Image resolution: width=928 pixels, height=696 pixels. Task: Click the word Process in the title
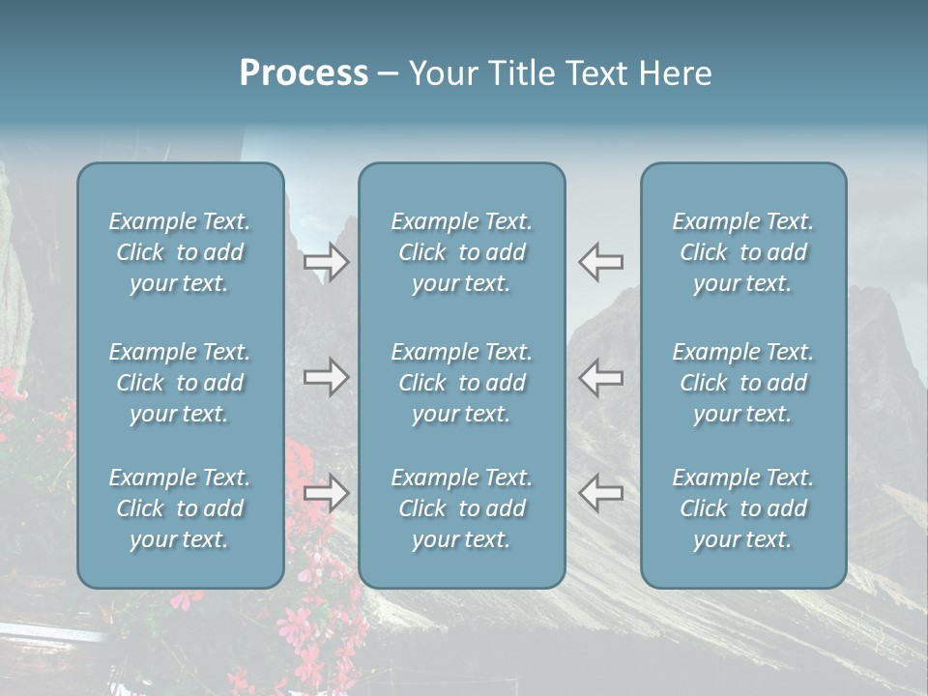(x=304, y=73)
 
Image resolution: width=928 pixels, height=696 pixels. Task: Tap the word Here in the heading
(x=675, y=73)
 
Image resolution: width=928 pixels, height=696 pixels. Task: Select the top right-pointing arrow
(x=327, y=261)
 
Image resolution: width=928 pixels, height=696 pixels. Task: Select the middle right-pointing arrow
(x=327, y=377)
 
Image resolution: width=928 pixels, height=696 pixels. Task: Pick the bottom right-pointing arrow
(x=327, y=493)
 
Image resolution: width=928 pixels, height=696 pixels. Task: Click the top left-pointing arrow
(x=601, y=261)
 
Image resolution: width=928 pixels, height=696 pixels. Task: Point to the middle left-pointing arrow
(x=601, y=377)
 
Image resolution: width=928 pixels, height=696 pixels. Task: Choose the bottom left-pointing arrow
(x=601, y=493)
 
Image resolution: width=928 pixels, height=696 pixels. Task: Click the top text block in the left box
(x=180, y=252)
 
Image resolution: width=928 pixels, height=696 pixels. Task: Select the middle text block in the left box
(x=180, y=383)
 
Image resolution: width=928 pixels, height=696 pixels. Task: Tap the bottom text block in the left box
(x=180, y=508)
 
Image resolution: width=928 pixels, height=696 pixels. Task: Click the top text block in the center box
(x=462, y=252)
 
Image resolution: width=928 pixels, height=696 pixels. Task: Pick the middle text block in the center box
(x=462, y=383)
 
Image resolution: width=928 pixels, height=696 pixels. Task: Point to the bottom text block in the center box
(x=462, y=508)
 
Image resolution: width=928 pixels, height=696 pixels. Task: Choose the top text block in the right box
(x=743, y=252)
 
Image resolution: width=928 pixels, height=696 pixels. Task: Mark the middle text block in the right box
(x=743, y=383)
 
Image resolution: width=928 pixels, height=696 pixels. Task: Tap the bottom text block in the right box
(x=743, y=508)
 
